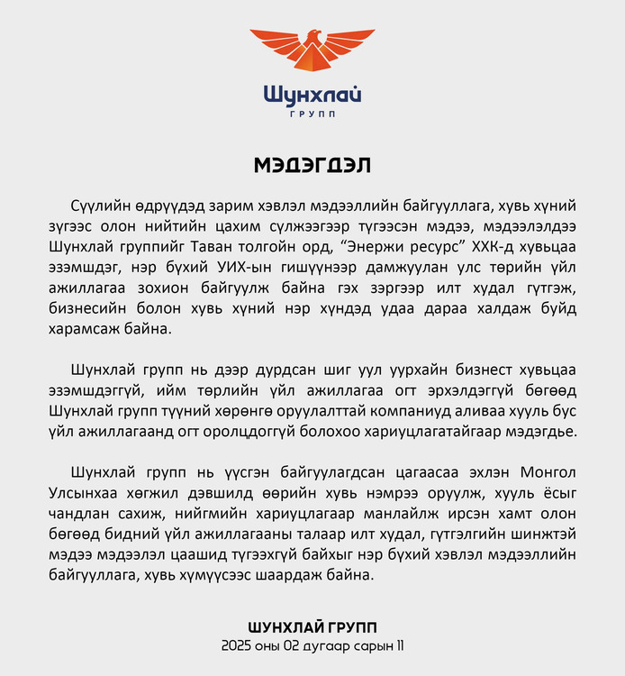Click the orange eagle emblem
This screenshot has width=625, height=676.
click(312, 51)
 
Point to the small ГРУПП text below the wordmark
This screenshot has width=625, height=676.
click(312, 114)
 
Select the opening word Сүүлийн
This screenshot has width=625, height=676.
click(96, 206)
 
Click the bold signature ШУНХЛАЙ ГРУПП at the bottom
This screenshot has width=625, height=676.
click(312, 627)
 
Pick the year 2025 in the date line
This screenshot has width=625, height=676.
click(238, 646)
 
